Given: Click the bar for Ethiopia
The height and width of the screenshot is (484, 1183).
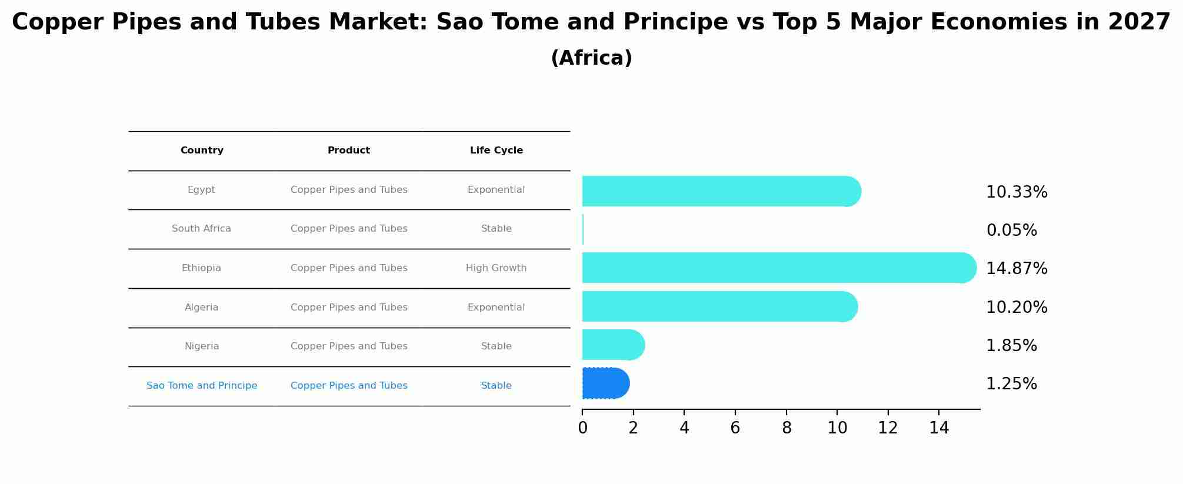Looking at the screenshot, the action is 779,268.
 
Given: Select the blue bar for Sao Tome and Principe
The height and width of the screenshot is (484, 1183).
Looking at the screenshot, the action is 606,383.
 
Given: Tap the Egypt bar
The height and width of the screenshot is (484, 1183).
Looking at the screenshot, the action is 722,191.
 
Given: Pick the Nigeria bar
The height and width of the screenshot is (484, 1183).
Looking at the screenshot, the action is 614,345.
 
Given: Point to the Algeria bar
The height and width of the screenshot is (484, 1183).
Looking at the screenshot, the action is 720,306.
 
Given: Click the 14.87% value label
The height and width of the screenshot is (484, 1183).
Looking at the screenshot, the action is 1017,269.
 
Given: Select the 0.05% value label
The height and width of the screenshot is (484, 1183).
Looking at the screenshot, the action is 1011,231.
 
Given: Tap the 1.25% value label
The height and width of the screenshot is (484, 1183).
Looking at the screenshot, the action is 1011,384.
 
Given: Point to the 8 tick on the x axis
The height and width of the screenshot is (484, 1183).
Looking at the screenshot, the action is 787,428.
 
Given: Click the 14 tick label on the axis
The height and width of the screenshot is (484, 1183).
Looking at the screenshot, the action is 939,428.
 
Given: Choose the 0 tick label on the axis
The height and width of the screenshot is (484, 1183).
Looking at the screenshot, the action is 582,428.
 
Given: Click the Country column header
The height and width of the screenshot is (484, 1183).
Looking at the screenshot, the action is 202,151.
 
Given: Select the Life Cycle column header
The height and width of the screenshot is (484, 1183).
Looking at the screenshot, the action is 496,151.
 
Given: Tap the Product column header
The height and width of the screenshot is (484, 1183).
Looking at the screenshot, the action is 349,151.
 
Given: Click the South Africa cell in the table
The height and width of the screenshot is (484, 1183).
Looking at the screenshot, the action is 201,229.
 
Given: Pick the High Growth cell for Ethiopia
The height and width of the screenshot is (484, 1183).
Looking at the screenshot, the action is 496,268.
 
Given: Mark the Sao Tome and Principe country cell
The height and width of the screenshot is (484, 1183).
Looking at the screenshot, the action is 202,386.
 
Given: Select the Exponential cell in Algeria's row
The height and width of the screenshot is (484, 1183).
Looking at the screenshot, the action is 496,308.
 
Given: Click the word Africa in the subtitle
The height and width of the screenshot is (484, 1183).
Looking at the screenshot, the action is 591,58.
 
